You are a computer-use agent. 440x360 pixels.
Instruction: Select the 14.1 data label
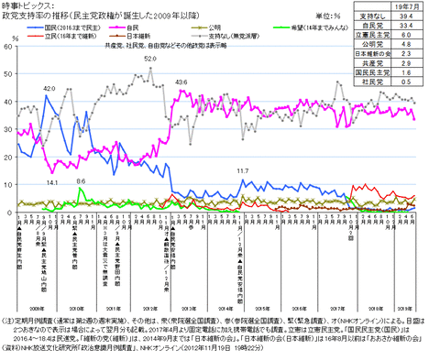tap(51, 183)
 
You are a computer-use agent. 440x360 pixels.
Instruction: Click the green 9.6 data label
tap(81, 181)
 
